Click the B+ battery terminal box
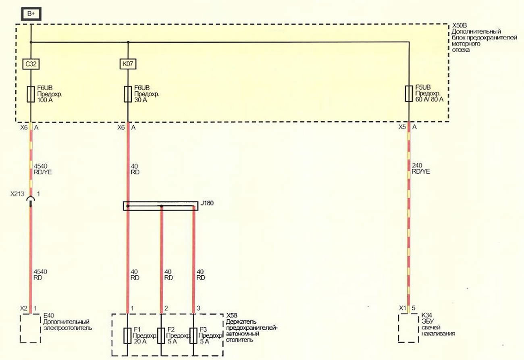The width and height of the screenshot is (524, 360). (31, 14)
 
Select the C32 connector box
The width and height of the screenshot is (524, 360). (31, 64)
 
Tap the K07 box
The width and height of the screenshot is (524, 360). (128, 64)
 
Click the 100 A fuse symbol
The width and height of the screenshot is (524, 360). (31, 94)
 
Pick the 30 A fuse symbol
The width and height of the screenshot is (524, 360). (127, 94)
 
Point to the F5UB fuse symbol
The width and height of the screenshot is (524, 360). (409, 94)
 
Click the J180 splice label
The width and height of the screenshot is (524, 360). (207, 203)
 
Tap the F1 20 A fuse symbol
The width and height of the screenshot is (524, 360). (127, 336)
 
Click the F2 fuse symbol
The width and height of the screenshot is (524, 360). (161, 336)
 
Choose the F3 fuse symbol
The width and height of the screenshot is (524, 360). (193, 336)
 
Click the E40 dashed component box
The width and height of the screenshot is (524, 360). (30, 328)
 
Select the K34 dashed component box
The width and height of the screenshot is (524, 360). (408, 328)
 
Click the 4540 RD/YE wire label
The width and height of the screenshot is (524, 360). (43, 169)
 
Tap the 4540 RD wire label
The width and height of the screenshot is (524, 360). (40, 275)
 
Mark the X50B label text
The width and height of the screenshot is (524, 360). (460, 25)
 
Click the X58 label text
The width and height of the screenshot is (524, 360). (232, 316)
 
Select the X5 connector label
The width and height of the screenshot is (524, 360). (402, 127)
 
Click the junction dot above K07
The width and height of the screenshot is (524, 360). (128, 42)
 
